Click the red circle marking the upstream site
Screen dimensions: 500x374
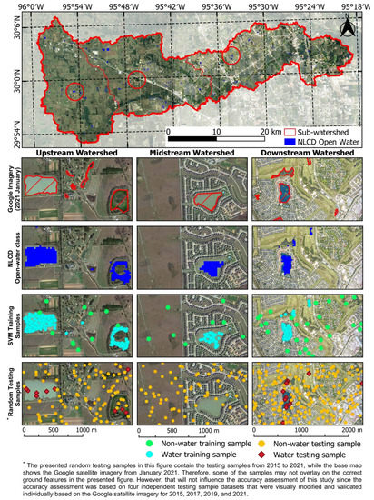tap(74, 92)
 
